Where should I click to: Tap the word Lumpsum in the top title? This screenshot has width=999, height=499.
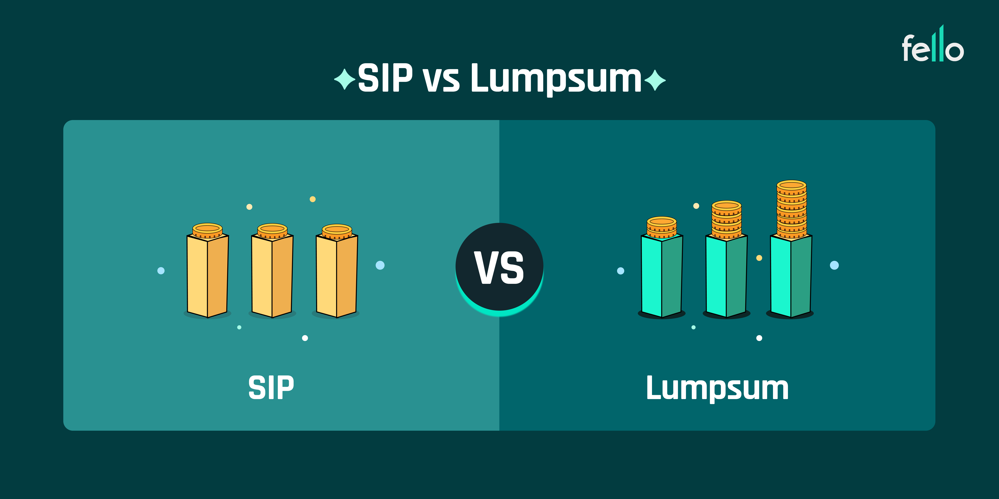(556, 79)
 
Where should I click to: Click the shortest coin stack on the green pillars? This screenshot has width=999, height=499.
(662, 227)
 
